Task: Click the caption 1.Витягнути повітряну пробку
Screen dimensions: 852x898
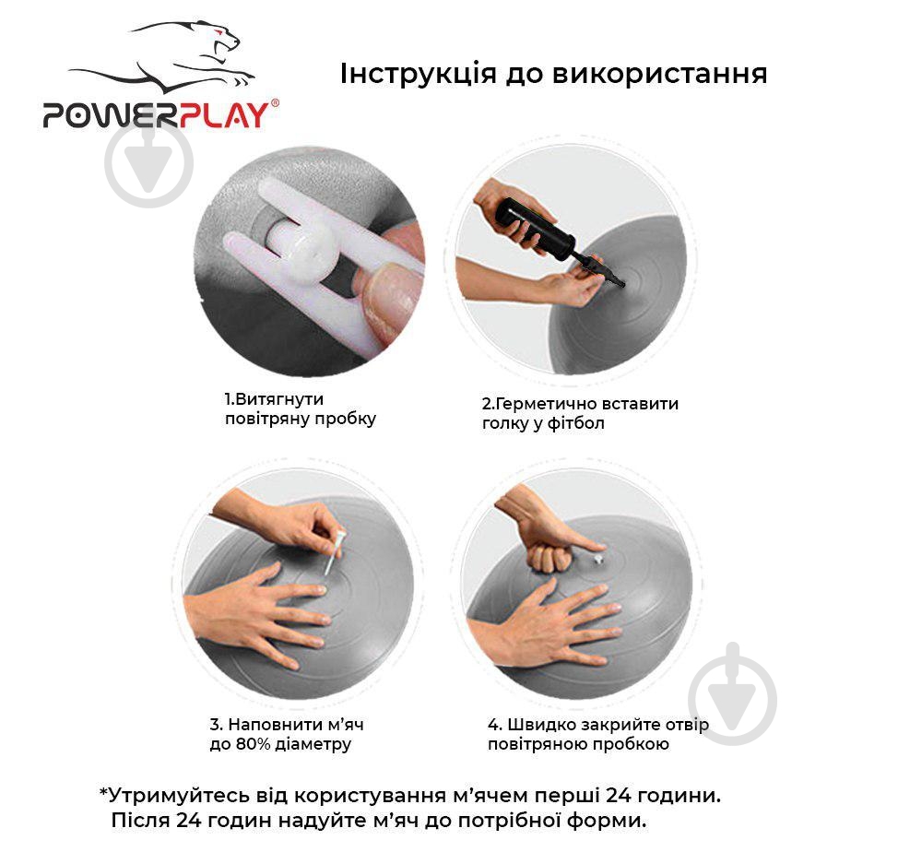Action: (301, 408)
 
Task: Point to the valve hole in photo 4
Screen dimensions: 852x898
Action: (598, 560)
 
